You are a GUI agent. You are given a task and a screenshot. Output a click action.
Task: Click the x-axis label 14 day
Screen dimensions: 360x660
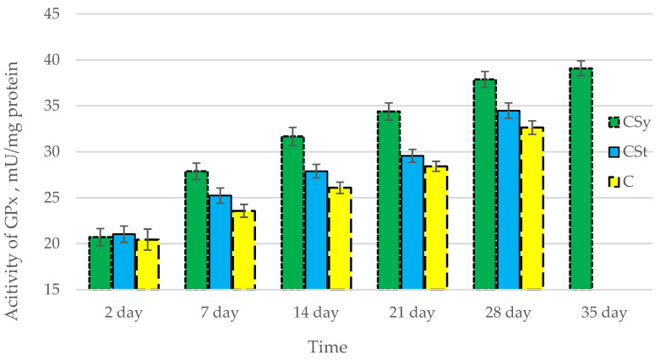point(316,312)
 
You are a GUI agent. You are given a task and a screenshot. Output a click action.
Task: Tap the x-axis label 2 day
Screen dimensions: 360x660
point(124,312)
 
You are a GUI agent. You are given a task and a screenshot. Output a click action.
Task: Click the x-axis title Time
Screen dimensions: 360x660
point(328,346)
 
